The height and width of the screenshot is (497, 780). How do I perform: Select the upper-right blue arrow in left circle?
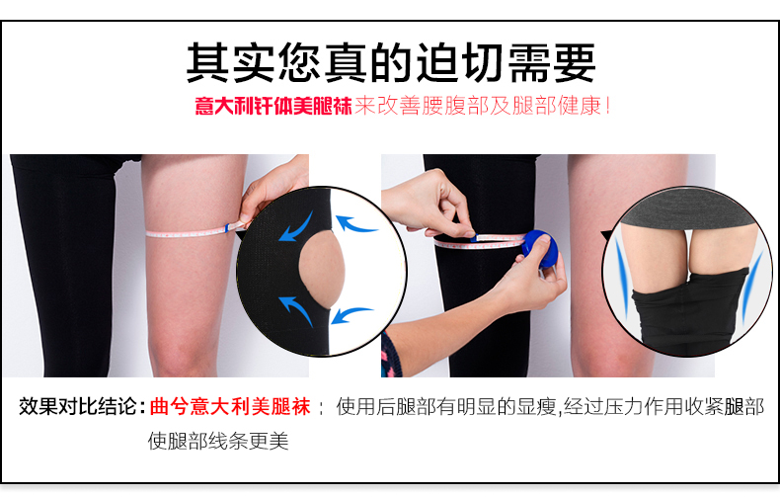355,223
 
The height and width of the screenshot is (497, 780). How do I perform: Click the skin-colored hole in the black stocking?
321,269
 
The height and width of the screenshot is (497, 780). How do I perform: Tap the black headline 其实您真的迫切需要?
391,63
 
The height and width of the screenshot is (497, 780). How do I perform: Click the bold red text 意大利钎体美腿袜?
273,106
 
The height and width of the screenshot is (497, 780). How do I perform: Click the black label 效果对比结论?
78,406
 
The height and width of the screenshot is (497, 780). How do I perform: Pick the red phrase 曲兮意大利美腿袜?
230,406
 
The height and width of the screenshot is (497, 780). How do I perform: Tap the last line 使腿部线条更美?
218,441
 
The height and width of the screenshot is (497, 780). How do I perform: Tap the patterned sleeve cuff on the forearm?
392,355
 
